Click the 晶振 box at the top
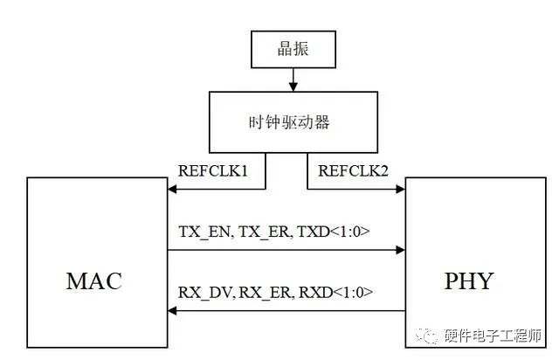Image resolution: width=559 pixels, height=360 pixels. (x=293, y=50)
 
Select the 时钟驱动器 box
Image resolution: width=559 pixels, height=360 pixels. (x=293, y=121)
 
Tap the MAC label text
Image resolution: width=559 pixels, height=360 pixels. (x=93, y=280)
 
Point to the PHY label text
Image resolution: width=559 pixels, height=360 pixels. (x=468, y=280)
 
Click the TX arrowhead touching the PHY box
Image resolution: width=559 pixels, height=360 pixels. (x=400, y=250)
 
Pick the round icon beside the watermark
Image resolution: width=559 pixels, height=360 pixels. (x=433, y=336)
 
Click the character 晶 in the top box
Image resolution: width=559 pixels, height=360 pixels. (x=282, y=50)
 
